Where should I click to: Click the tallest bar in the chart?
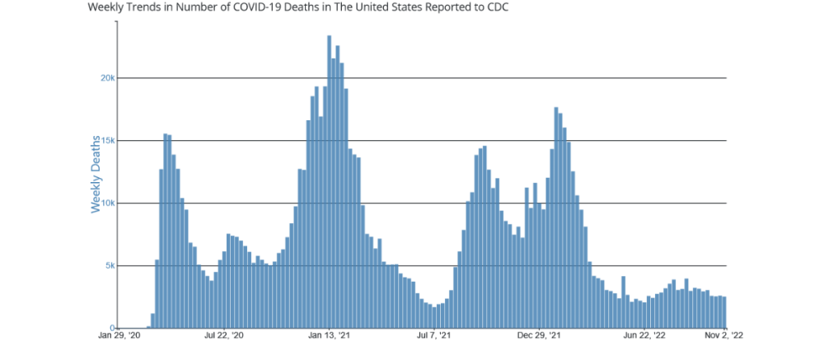coord(329,181)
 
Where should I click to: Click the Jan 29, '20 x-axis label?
coord(119,336)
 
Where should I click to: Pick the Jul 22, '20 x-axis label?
coord(224,336)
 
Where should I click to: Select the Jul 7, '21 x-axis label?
coord(433,336)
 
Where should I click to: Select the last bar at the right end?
coord(724,312)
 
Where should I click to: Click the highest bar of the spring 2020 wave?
coord(166,231)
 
